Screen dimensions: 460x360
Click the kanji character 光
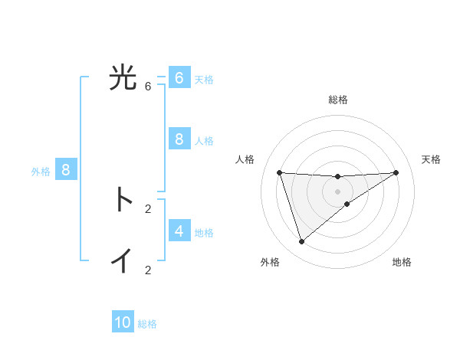coord(123,77)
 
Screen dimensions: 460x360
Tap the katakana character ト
coord(123,199)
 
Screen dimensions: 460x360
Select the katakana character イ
coord(123,260)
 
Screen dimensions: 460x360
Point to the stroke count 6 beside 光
coord(148,86)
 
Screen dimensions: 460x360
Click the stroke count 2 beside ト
coord(148,208)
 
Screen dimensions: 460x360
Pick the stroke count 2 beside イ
coord(148,270)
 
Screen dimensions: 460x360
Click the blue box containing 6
coord(179,78)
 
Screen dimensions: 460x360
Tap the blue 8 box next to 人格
coord(179,139)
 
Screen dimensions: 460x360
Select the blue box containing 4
coord(179,231)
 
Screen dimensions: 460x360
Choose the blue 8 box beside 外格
coord(65,170)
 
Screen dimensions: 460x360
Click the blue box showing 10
coord(123,322)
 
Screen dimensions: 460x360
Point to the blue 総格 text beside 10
coord(147,324)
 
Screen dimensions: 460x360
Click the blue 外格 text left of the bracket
coord(41,172)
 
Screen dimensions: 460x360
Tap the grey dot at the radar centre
coord(337,191)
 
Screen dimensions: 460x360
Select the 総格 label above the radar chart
coord(338,100)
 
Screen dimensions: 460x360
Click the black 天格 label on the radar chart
coord(431,159)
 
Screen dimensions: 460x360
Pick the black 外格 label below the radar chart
coord(270,262)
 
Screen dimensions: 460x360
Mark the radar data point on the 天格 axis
coord(396,172)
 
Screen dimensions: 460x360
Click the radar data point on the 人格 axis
coord(279,172)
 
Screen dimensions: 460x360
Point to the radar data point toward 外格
coord(301,241)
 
